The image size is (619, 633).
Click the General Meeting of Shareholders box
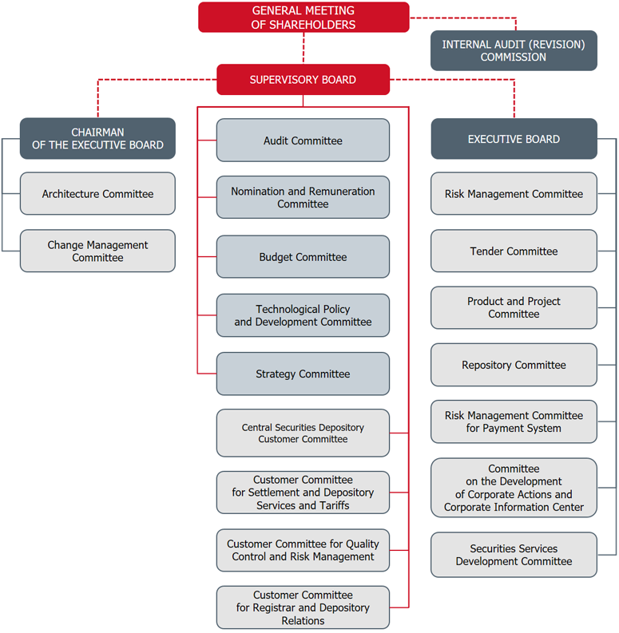304,18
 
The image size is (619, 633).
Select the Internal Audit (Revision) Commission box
514,51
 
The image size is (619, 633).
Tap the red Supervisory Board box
303,80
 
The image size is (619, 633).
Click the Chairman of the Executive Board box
97,139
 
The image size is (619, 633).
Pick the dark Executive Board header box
514,139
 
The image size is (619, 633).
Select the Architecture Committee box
97,194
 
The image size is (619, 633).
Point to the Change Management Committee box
97,251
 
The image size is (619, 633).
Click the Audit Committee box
303,140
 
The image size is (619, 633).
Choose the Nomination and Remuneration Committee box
303,198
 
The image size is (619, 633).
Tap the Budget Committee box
303,257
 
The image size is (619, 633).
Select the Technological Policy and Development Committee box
303,315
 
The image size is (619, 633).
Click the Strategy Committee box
303,374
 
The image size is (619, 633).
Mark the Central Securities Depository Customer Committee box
303,433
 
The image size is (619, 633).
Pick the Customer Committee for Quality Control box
303,550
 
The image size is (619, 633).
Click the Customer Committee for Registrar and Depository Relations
303,607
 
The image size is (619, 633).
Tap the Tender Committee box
514,251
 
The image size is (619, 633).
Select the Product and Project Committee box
514,307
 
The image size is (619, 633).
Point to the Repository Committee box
514,365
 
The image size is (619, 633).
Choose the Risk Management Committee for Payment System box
514,421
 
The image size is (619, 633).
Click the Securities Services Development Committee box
514,555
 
